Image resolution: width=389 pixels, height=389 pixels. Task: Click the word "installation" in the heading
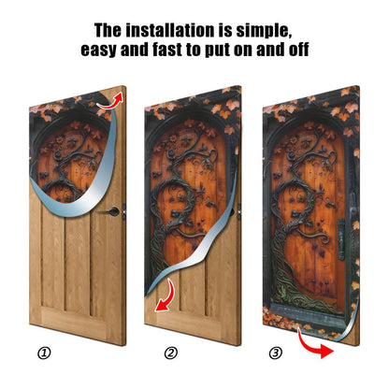170,31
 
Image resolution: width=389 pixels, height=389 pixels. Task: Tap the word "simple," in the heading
264,31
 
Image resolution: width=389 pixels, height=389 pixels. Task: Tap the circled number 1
44,353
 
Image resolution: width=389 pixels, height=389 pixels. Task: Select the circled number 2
171,353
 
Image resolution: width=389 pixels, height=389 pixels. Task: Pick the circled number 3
276,353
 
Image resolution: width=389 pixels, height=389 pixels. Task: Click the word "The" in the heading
108,31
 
